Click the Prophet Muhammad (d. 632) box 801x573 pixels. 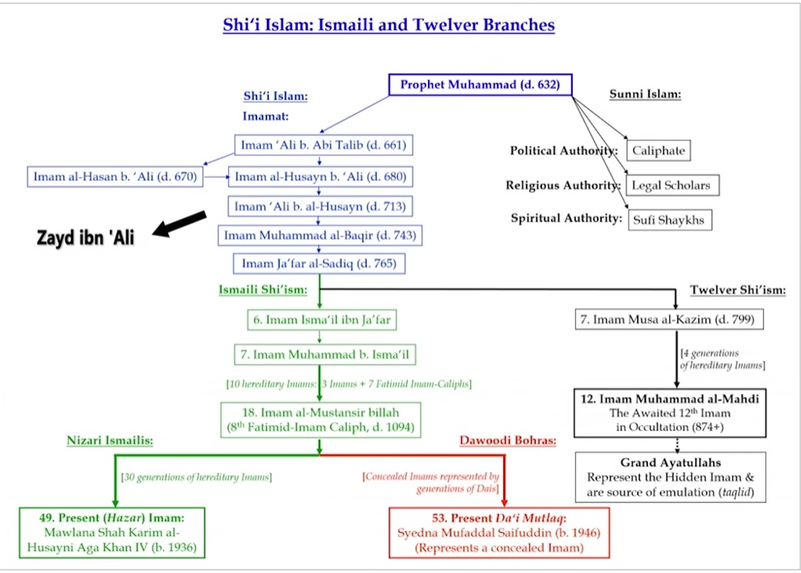480,85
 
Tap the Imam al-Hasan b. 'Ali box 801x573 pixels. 115,176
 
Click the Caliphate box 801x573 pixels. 659,150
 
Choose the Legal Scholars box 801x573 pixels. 671,185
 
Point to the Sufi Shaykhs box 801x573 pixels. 670,220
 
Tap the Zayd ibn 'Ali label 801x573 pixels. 85,238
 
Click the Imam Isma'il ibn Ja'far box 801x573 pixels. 321,320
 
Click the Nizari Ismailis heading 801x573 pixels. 111,441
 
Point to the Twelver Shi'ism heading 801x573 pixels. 739,290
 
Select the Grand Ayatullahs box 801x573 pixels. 670,478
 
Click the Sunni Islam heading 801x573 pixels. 645,95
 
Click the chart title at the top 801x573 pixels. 388,25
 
